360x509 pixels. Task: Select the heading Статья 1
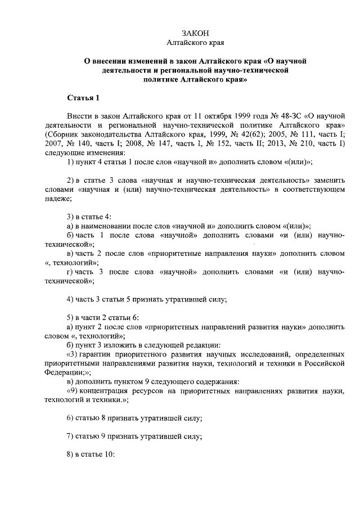(x=83, y=98)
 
